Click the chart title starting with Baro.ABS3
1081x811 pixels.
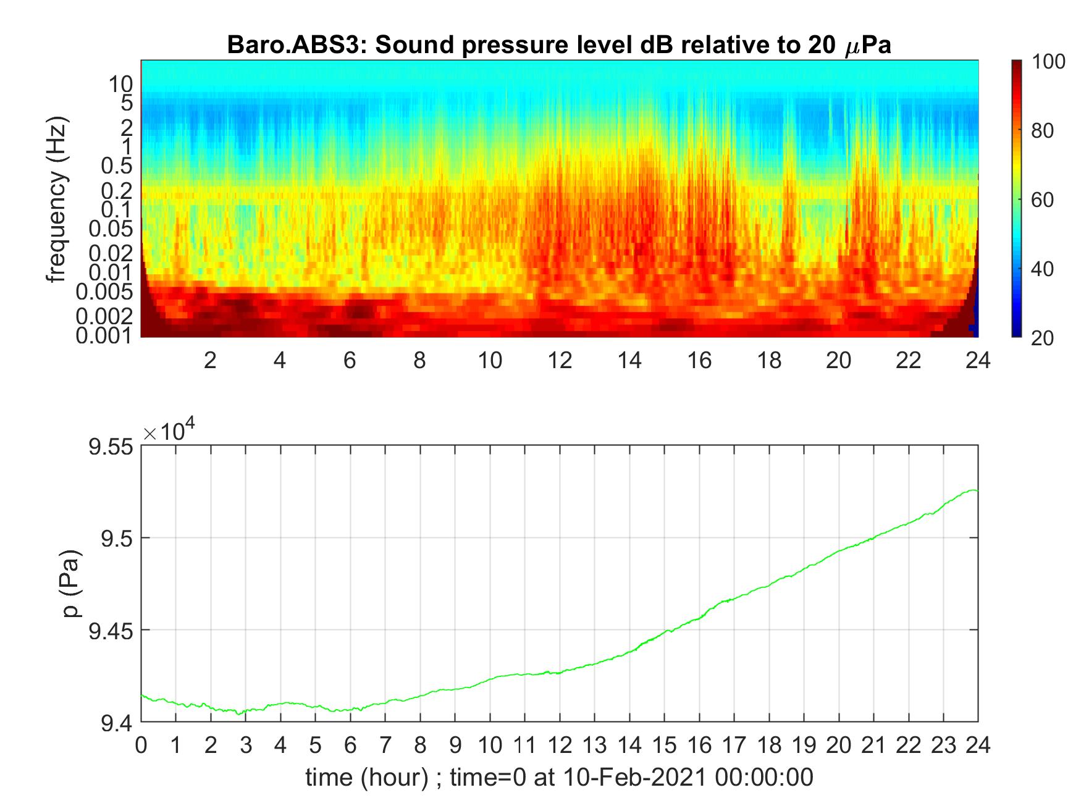pyautogui.click(x=559, y=46)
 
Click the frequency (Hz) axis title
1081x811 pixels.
pyautogui.click(x=57, y=199)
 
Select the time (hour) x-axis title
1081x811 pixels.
pyautogui.click(x=559, y=777)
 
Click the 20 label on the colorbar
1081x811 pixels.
pyautogui.click(x=1042, y=337)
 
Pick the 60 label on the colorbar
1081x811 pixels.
pyautogui.click(x=1042, y=200)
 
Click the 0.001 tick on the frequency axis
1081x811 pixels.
pyautogui.click(x=104, y=336)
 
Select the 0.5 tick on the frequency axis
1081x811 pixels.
pyautogui.click(x=117, y=166)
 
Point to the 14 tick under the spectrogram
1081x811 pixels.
pyautogui.click(x=629, y=359)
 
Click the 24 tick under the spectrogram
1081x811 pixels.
pyautogui.click(x=978, y=359)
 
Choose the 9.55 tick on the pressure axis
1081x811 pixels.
pyautogui.click(x=111, y=447)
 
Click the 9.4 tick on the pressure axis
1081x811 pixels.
pyautogui.click(x=117, y=722)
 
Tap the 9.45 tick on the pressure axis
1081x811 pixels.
pyautogui.click(x=111, y=630)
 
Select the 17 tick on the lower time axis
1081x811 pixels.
pyautogui.click(x=734, y=746)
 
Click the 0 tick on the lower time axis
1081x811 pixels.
pyautogui.click(x=141, y=746)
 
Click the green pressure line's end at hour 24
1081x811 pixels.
pyautogui.click(x=977, y=491)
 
